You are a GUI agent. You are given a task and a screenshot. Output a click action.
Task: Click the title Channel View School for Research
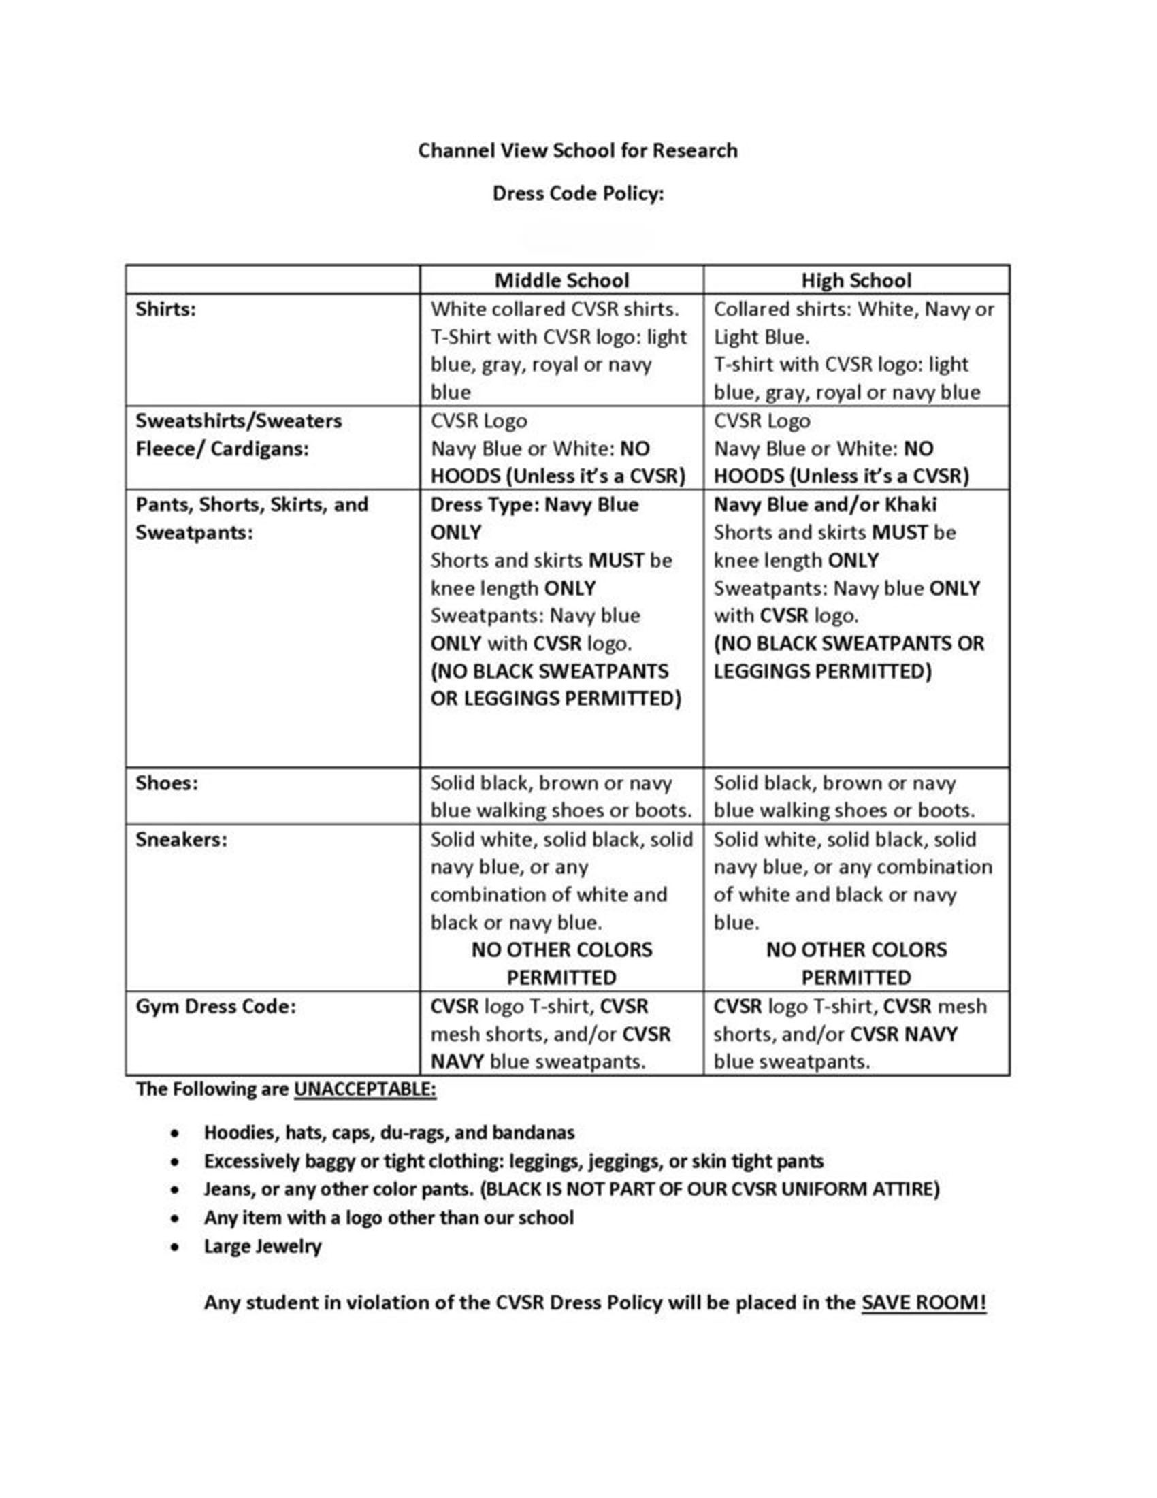577,150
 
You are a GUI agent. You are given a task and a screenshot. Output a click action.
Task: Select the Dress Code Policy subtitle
577,194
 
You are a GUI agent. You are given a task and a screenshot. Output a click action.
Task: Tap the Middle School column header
561,280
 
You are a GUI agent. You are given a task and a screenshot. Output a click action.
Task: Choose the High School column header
856,280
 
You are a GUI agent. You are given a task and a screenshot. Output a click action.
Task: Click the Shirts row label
165,310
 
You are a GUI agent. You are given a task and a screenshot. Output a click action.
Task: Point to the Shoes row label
167,783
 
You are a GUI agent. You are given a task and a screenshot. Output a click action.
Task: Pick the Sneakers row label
181,840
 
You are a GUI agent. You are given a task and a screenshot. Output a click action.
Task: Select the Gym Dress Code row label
216,1006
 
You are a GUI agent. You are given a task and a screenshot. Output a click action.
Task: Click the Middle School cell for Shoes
560,796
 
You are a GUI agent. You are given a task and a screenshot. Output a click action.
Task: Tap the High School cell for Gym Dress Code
850,1034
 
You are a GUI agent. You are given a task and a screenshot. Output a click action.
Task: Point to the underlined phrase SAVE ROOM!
924,1302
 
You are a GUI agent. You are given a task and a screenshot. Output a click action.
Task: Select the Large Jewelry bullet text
262,1245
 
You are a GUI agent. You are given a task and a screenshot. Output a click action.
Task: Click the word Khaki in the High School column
910,505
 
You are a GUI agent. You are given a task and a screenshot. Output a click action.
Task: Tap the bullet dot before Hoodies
177,1133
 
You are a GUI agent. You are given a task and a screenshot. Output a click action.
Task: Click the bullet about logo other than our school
388,1218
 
